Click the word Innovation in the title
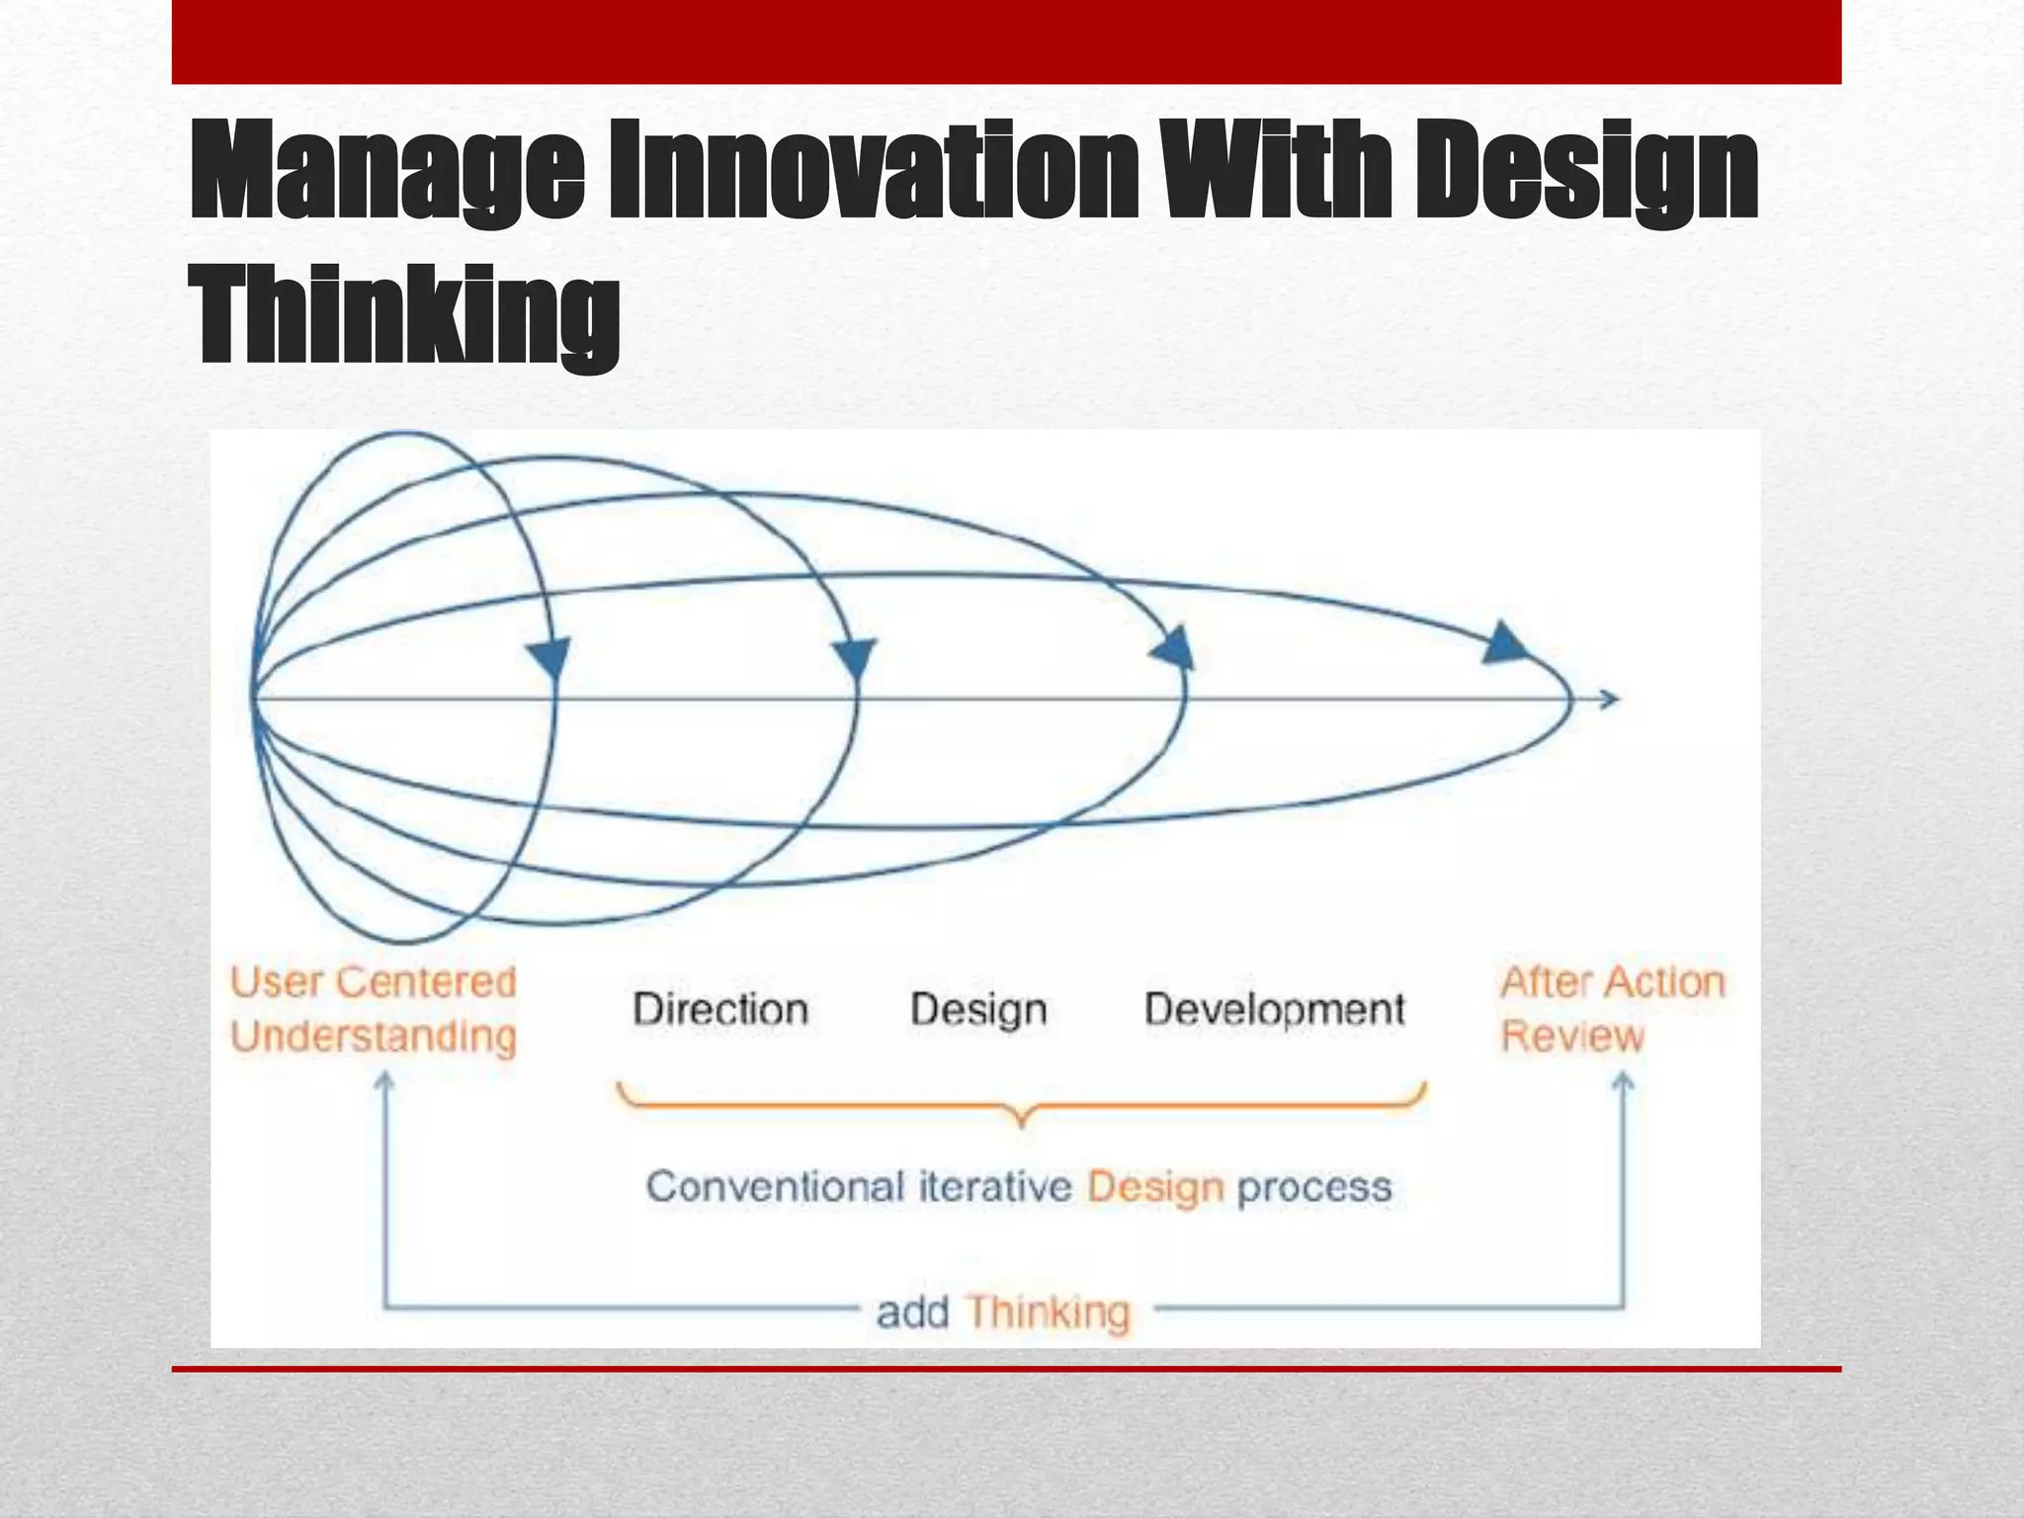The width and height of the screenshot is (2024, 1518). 873,170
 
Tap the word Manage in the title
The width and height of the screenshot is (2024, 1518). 386,170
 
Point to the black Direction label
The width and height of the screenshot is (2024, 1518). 720,1009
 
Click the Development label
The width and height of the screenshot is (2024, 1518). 1274,1009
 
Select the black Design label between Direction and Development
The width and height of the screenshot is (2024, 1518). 978,1009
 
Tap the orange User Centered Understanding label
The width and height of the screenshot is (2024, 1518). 374,1009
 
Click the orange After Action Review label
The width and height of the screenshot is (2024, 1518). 1612,1009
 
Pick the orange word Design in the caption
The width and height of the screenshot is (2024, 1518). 1155,1187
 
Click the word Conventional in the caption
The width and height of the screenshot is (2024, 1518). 775,1187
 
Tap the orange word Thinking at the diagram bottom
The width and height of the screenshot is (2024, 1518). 1048,1312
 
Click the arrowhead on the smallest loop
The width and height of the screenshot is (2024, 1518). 548,657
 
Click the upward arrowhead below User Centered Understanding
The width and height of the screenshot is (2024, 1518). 384,1084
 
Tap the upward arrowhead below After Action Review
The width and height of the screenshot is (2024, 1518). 1623,1084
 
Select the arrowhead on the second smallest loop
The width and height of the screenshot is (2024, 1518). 854,657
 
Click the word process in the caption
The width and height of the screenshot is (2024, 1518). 1314,1187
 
